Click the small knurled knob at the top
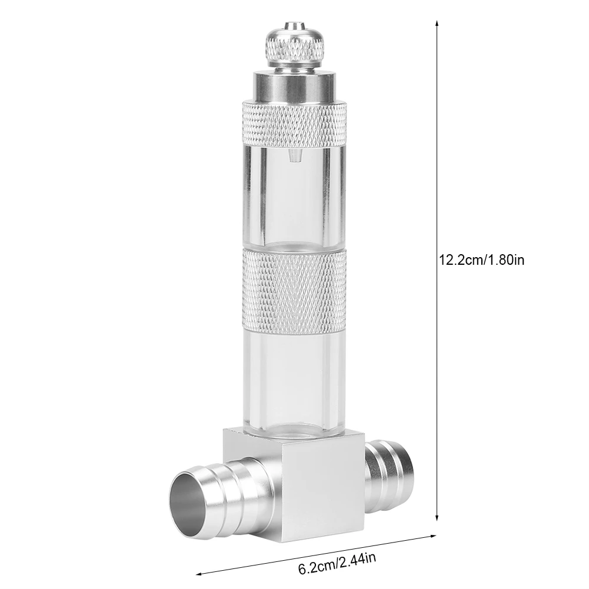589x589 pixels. tap(294, 45)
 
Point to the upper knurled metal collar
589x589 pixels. tap(294, 124)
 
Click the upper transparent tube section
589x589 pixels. tap(294, 197)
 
